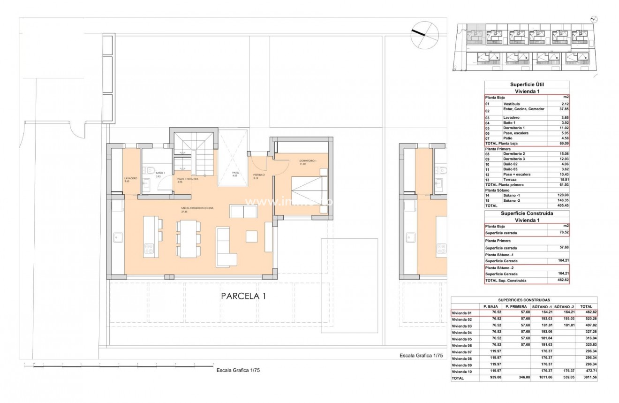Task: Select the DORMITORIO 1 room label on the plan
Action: tap(308, 161)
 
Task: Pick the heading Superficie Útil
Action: tap(527, 84)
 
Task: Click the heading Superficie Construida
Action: tap(527, 213)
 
